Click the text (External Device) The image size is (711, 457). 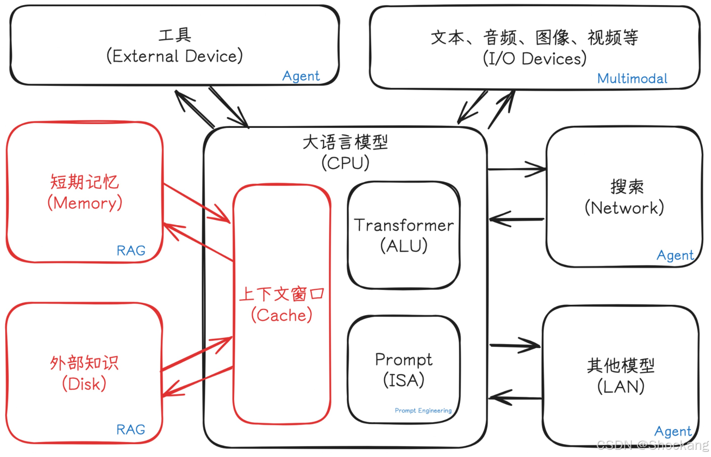pyautogui.click(x=175, y=56)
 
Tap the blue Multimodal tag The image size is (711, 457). pyautogui.click(x=632, y=79)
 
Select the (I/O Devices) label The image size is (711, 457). pyautogui.click(x=534, y=58)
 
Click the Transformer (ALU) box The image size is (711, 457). pyautogui.click(x=403, y=235)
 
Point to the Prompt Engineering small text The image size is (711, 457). pyautogui.click(x=423, y=410)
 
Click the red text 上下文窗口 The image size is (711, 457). pyautogui.click(x=281, y=294)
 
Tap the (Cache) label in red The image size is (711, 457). pyautogui.click(x=282, y=315)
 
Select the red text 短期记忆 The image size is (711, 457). pyautogui.click(x=84, y=182)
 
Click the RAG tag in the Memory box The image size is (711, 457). pyautogui.click(x=130, y=251)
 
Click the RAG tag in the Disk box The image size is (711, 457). pyautogui.click(x=130, y=430)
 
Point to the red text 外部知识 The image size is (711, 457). pyautogui.click(x=84, y=363)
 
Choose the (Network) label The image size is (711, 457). pyautogui.click(x=624, y=208)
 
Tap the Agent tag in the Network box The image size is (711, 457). pyautogui.click(x=675, y=255)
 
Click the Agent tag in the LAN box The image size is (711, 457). pyautogui.click(x=673, y=431)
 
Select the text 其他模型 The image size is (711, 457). pyautogui.click(x=620, y=365)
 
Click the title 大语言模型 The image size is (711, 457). pyautogui.click(x=345, y=142)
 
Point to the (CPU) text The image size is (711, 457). pyautogui.click(x=345, y=163)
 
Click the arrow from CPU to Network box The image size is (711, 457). pyautogui.click(x=516, y=169)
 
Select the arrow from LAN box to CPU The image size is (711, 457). pyautogui.click(x=515, y=398)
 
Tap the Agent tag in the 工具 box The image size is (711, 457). pyautogui.click(x=301, y=76)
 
